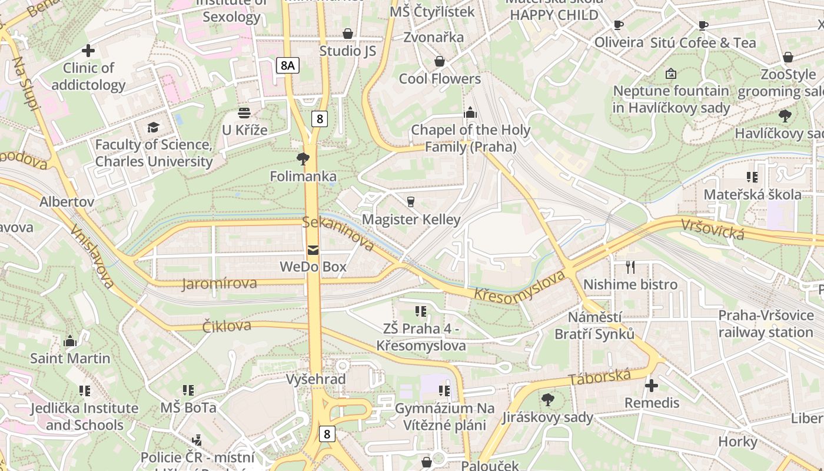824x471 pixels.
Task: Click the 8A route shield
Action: tap(287, 65)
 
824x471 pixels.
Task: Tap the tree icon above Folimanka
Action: tap(303, 158)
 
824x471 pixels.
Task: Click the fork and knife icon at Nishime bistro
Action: tap(630, 267)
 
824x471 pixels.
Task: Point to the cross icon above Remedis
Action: tap(652, 386)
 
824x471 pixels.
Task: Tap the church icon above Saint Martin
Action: tap(70, 341)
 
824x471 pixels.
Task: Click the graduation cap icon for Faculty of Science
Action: tap(153, 127)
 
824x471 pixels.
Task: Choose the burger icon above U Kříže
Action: tap(244, 112)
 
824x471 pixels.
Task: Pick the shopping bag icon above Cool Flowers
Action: tap(439, 61)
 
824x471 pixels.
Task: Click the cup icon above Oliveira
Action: tap(618, 25)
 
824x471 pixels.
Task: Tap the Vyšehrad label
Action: tap(316, 379)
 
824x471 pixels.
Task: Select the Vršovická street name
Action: tap(713, 228)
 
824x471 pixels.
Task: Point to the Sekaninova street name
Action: tap(338, 233)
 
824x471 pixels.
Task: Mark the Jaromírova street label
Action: tap(220, 284)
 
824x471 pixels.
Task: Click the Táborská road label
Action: tap(599, 377)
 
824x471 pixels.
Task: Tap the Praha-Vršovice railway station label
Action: tap(765, 324)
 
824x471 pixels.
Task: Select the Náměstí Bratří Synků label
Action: tap(594, 326)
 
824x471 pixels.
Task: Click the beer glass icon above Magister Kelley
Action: tap(411, 201)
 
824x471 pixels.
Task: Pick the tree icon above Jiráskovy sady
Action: tap(548, 400)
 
